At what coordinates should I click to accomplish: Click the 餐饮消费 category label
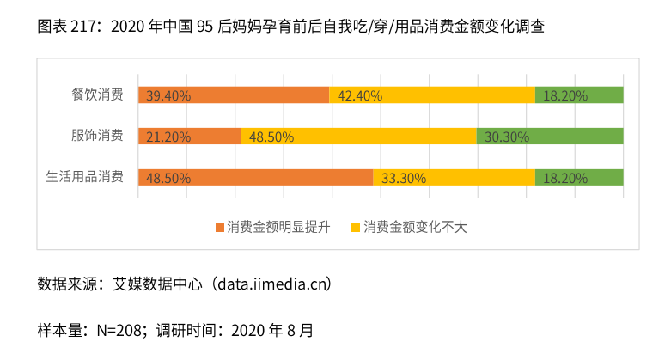(x=97, y=95)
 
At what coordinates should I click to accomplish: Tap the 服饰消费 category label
(x=97, y=136)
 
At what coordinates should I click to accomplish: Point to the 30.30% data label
(x=507, y=137)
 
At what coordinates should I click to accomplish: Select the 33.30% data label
(x=404, y=179)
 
